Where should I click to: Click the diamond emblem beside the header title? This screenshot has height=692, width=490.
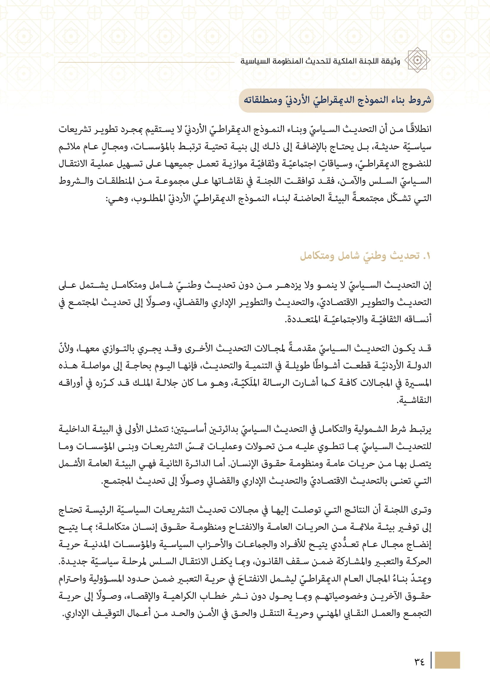tap(417, 60)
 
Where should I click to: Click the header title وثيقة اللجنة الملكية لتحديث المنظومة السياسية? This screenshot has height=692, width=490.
tap(320, 61)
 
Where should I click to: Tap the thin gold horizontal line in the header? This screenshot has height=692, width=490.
tap(146, 62)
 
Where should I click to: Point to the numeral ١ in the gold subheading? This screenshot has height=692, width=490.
tap(427, 256)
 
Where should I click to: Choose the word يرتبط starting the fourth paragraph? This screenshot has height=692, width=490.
tap(420, 429)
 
